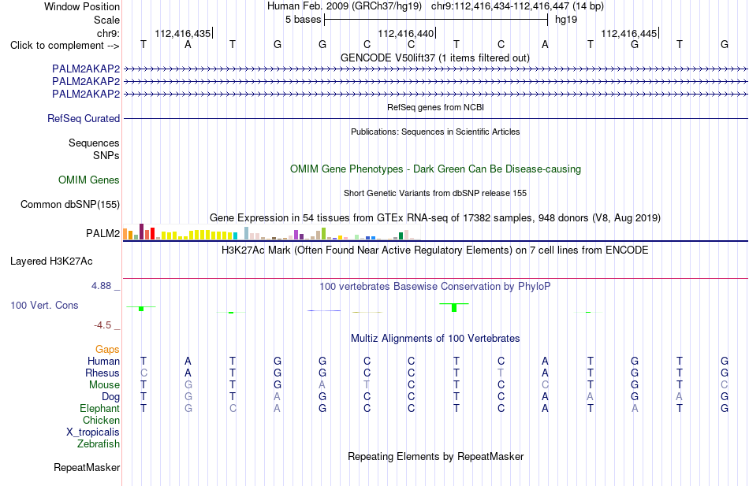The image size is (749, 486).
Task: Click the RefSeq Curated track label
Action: pos(84,118)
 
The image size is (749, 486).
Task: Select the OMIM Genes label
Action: pos(89,180)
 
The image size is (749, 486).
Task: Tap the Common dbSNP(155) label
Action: pos(70,204)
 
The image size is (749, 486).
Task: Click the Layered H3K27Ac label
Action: pos(51,262)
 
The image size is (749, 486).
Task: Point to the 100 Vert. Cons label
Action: pos(44,305)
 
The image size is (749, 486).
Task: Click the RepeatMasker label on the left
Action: pos(87,467)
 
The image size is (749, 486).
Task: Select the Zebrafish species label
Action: pos(99,444)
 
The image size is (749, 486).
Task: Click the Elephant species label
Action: pos(100,409)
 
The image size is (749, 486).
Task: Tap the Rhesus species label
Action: pos(102,373)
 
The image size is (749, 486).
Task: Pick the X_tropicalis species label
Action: pos(93,432)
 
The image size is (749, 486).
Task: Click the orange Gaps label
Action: pos(107,350)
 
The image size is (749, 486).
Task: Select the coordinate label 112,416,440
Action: pos(405,33)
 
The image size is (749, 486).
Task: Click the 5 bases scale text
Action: pos(304,20)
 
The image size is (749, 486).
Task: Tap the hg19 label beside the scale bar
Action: pos(566,20)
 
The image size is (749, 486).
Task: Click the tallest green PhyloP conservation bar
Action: pos(454,308)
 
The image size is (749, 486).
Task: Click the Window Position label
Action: pos(82,6)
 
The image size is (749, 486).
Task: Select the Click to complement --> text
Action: pos(65,46)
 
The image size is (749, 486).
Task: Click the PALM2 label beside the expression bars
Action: pos(102,233)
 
